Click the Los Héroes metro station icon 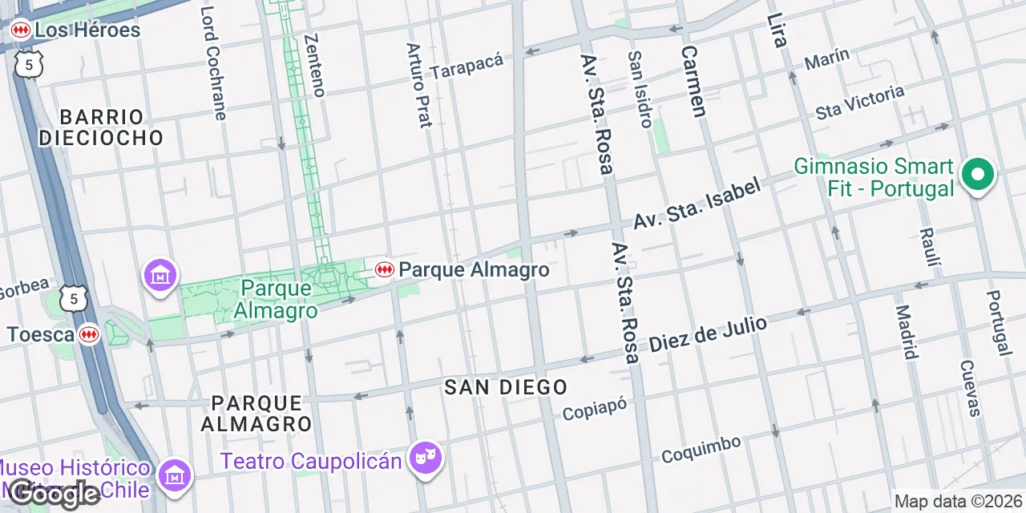coord(20,30)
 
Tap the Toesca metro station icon coord(89,334)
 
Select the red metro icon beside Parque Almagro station coord(384,270)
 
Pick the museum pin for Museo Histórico coord(173,475)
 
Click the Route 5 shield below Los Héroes coord(28,65)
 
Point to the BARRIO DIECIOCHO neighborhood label coord(101,127)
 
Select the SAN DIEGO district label coord(506,387)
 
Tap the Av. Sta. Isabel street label coord(697,204)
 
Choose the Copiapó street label coord(594,409)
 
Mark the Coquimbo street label coord(701,449)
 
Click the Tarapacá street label coord(467,66)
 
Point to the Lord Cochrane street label coord(213,63)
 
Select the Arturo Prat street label coord(419,85)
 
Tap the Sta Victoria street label coord(859,102)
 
